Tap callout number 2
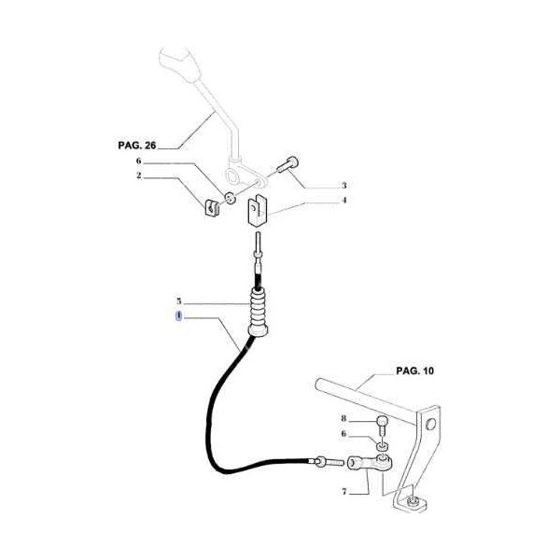click(x=140, y=175)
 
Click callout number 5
click(x=178, y=301)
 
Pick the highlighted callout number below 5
click(x=178, y=317)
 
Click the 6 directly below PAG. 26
click(x=140, y=161)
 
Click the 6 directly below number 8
click(x=343, y=433)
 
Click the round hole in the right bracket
click(x=429, y=425)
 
